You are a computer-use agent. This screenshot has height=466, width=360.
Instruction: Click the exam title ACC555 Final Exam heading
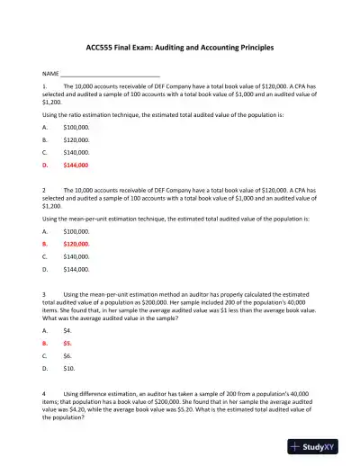179,45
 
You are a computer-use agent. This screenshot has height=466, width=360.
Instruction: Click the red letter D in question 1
45,166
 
